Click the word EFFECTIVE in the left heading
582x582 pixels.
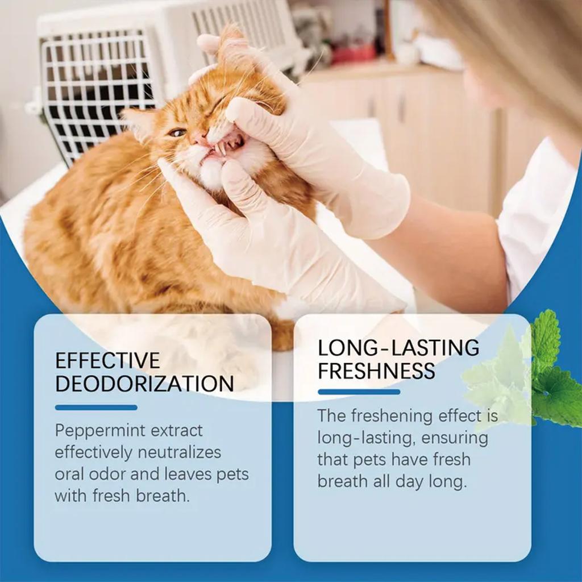[x=107, y=360]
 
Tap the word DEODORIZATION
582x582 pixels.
[x=144, y=384]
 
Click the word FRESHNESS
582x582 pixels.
[x=376, y=371]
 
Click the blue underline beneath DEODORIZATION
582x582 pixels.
[x=96, y=408]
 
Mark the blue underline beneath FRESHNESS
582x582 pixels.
[x=359, y=392]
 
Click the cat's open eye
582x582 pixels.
[x=177, y=132]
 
